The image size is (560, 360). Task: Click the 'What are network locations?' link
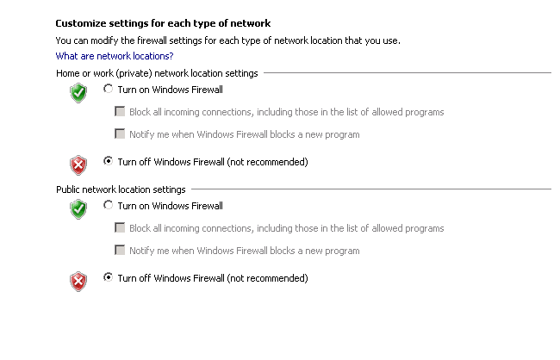pos(115,56)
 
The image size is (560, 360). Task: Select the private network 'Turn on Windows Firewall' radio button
pos(108,88)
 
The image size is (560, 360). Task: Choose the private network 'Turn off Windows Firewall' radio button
pos(108,161)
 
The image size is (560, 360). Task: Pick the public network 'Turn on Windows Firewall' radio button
pos(108,205)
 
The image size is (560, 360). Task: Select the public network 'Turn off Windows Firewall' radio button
pos(108,276)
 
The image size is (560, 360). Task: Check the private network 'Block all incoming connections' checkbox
pos(120,111)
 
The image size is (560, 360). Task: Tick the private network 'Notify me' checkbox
pos(120,133)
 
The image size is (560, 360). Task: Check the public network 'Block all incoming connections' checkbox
pos(120,227)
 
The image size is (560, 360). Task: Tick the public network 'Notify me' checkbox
pos(120,250)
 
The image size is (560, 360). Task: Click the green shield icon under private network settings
pos(78,93)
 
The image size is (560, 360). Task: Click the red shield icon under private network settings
pos(78,165)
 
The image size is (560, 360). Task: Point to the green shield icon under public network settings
pos(78,209)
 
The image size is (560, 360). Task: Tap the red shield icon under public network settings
pos(78,282)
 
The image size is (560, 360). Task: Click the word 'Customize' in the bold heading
pos(81,23)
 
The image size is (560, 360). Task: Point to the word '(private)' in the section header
pos(135,73)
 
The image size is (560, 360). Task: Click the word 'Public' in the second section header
pos(67,189)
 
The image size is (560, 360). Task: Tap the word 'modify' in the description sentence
pos(104,41)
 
